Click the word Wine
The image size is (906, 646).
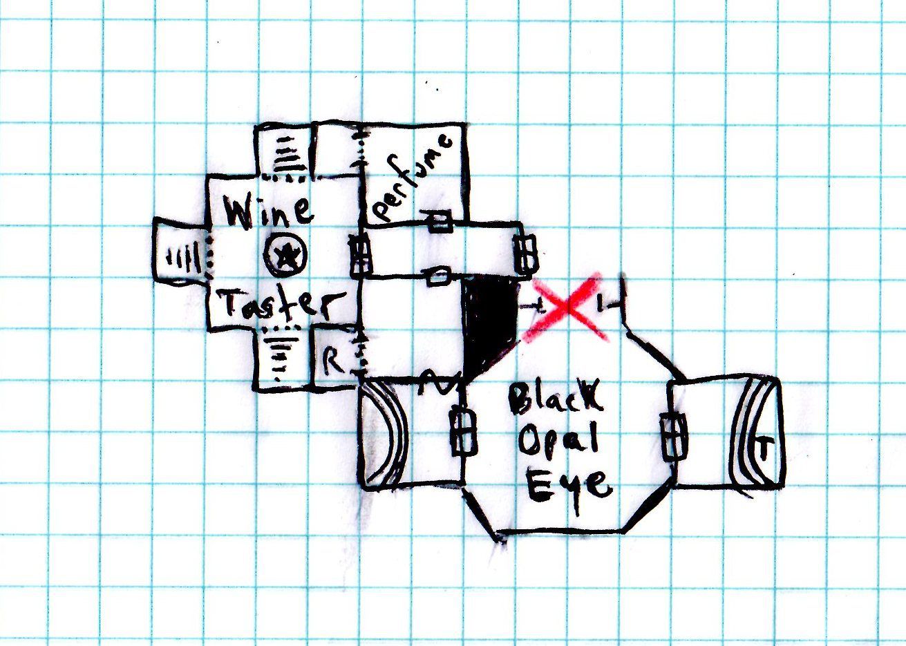270,210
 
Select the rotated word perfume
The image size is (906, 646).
412,178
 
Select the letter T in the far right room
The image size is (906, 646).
763,451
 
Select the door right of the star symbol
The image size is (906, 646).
359,255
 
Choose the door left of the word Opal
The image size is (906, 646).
464,433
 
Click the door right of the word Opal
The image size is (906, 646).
673,436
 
